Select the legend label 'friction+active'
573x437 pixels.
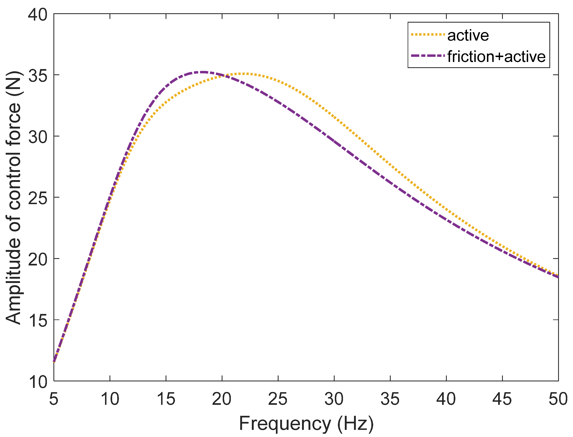click(x=496, y=56)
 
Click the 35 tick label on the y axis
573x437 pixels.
click(x=38, y=76)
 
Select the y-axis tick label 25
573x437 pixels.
click(x=38, y=198)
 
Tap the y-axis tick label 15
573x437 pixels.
click(x=38, y=321)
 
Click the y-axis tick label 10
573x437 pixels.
click(x=38, y=382)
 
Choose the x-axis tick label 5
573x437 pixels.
click(x=54, y=399)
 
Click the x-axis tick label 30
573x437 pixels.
click(x=334, y=399)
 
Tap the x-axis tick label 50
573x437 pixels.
click(x=558, y=399)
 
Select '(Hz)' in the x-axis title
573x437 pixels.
click(x=356, y=424)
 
